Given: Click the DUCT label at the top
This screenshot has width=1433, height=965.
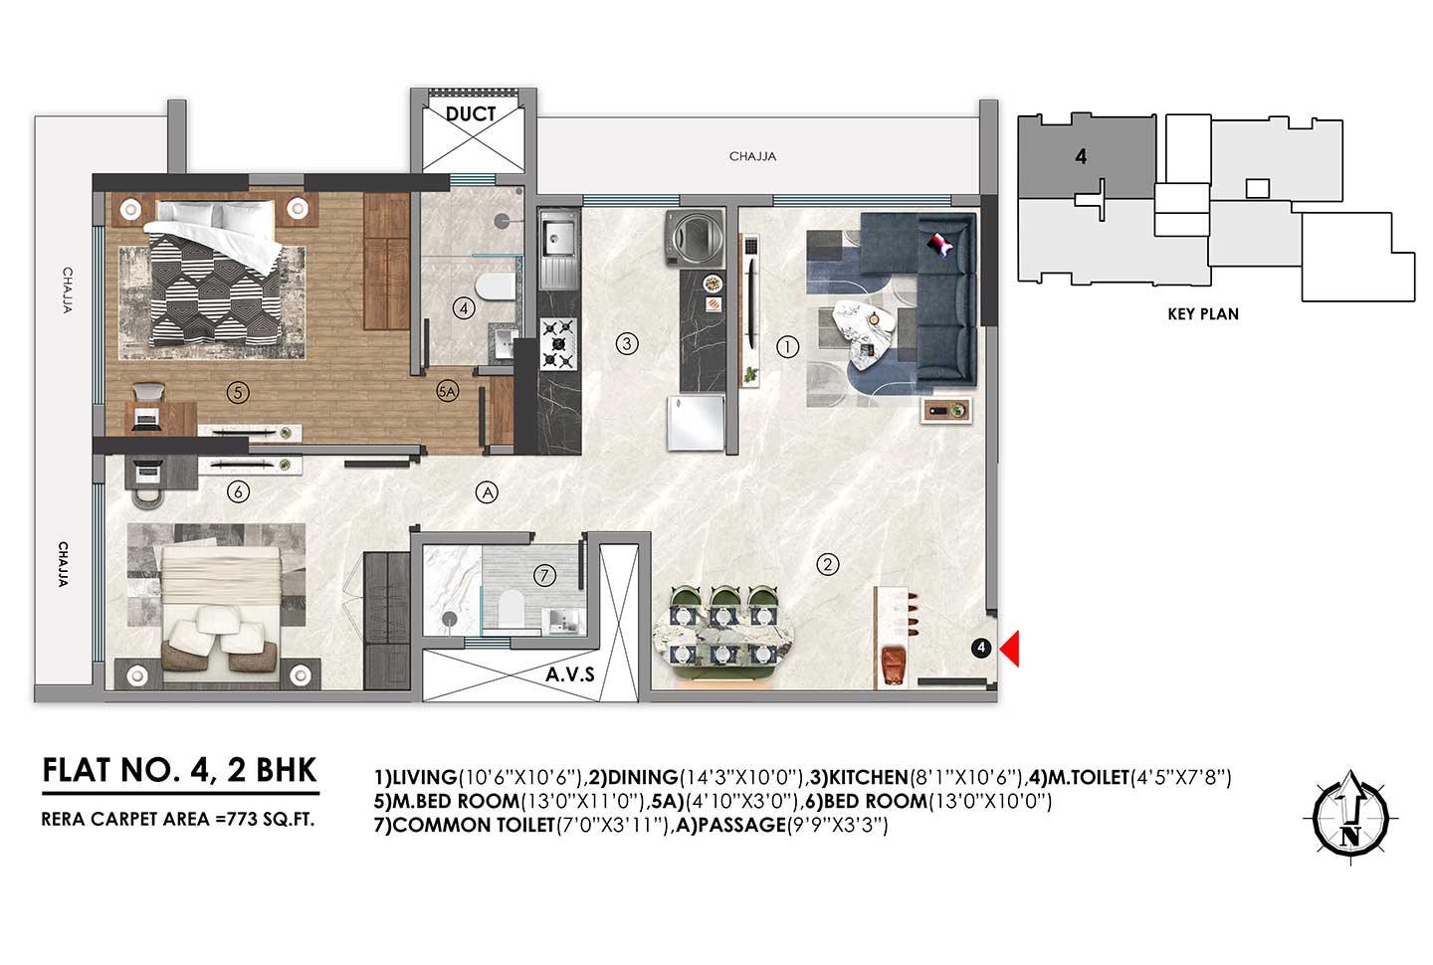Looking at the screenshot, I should coord(471,114).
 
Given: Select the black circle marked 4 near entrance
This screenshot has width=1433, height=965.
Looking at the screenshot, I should coord(981,649).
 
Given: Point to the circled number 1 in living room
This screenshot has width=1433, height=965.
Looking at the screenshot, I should coord(786,347).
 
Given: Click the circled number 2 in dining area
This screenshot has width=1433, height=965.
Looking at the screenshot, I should coord(826,565).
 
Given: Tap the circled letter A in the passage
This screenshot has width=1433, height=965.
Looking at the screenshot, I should coord(486,490).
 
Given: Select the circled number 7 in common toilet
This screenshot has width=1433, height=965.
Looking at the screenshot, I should coord(543,574).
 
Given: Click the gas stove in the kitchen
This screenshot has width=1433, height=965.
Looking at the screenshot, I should coord(558,344).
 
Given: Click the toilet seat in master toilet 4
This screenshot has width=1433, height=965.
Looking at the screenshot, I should coord(495,289).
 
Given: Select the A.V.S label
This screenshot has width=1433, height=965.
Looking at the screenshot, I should coord(569,675).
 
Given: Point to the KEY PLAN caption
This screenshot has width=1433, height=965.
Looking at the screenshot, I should coord(1203,314).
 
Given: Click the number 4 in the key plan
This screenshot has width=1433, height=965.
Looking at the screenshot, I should coord(1079,157).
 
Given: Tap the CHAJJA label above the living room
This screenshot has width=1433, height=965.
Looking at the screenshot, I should coord(752,156).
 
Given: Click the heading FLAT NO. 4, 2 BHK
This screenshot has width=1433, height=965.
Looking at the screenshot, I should coord(180,770).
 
